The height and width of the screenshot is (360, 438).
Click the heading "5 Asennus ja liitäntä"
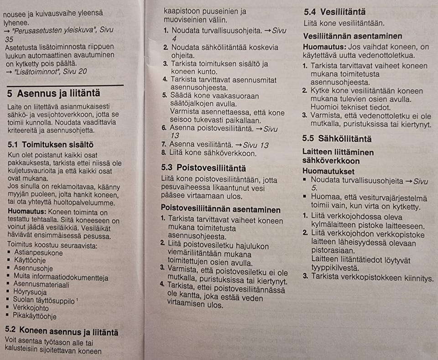tap(54, 94)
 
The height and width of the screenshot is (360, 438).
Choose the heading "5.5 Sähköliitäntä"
tap(337, 138)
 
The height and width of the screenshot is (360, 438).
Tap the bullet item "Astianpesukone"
tap(38, 253)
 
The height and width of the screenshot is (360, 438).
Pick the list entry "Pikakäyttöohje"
tap(36, 316)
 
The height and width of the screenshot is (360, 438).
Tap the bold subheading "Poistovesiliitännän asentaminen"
tap(221, 209)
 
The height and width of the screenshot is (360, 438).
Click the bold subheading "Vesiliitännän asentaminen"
tap(353, 36)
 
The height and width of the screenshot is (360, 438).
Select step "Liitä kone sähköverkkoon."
tap(214, 153)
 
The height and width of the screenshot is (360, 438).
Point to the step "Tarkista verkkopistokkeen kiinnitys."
tap(372, 277)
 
